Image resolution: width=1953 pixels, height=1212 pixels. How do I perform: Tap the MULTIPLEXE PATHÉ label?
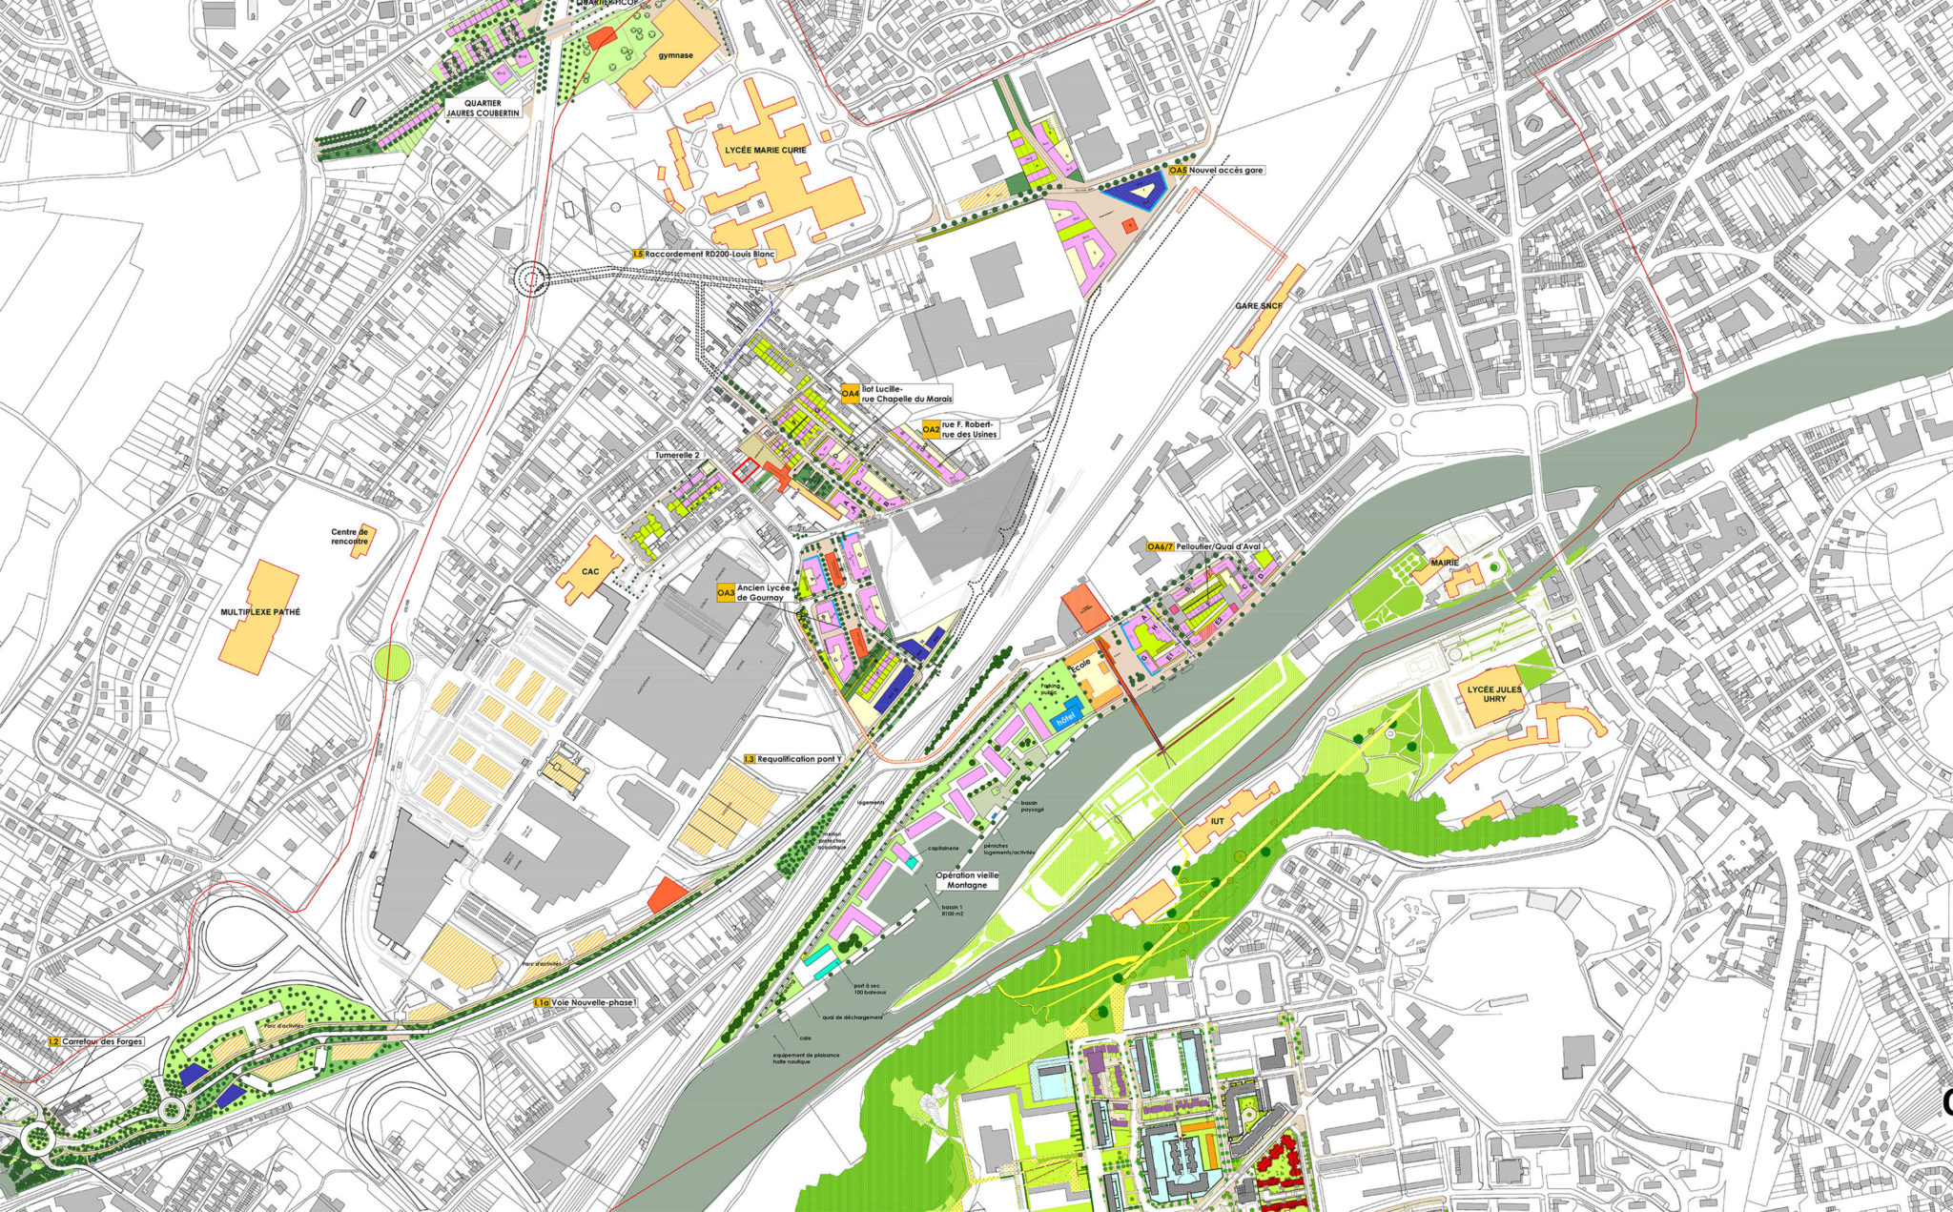pos(260,611)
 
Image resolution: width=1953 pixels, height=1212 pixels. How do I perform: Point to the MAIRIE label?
pos(1445,564)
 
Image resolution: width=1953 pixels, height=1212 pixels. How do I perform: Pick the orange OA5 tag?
pos(1179,170)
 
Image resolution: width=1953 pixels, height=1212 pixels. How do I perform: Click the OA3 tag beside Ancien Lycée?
pos(726,594)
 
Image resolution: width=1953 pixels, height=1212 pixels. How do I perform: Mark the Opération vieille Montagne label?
pos(967,879)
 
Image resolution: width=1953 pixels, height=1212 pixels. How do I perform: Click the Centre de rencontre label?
pos(350,537)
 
